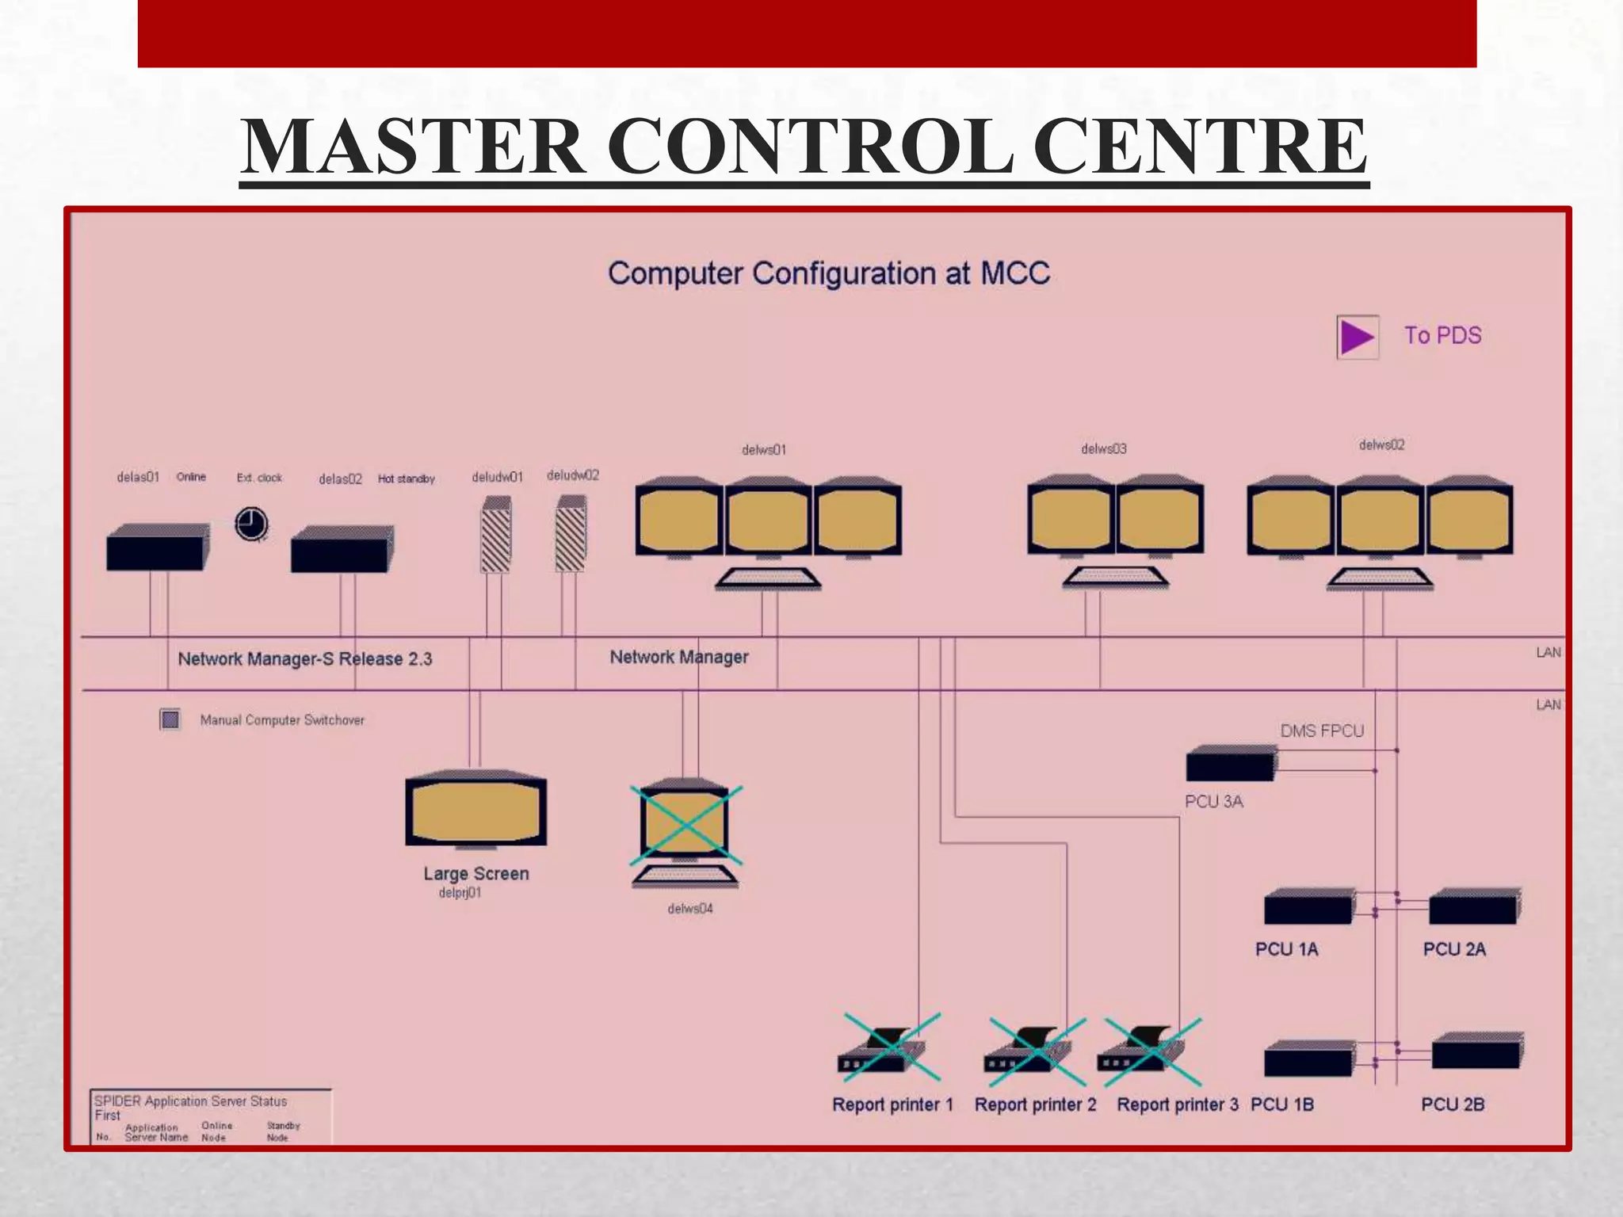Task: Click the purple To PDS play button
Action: pos(1357,337)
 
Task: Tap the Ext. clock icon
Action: pos(251,524)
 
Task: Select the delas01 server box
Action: pos(157,547)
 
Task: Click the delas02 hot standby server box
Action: pos(342,549)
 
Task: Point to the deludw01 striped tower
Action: pos(496,535)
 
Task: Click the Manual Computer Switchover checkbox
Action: pos(170,719)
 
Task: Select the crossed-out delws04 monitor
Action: pos(685,824)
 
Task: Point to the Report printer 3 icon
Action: pos(1141,1051)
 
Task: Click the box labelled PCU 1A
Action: pos(1308,907)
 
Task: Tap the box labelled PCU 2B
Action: pos(1476,1052)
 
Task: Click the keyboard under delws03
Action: pos(1115,578)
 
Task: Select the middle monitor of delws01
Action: pos(768,519)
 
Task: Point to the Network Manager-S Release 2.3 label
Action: pos(305,659)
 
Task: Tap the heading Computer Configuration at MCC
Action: pos(829,274)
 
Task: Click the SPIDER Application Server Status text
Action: pos(190,1101)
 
